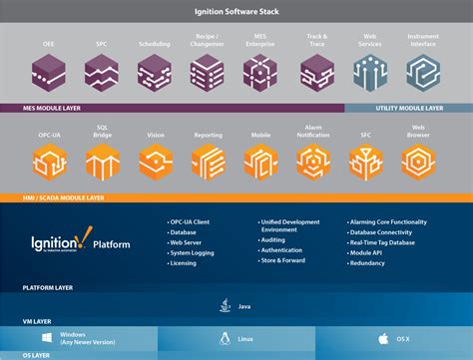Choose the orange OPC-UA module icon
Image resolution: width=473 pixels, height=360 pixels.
point(49,160)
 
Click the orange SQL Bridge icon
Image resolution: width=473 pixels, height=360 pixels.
point(102,160)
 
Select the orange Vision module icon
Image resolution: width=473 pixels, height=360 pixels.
point(155,160)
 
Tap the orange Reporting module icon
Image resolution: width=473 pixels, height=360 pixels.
point(208,160)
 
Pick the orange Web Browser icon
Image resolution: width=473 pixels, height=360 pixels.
point(419,160)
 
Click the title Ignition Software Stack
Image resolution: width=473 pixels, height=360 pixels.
point(236,13)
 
